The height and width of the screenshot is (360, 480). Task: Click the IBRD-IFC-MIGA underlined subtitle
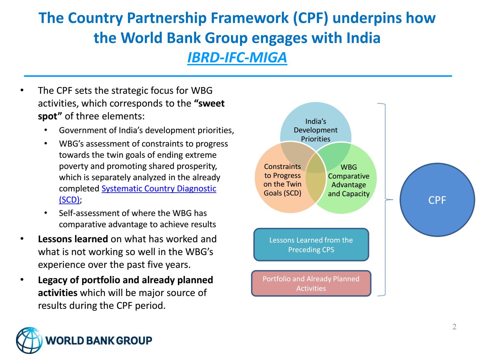237,58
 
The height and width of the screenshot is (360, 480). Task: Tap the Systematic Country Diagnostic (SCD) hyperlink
159,189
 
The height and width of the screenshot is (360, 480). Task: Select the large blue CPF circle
437,200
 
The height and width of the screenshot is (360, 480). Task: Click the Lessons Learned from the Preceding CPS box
311,245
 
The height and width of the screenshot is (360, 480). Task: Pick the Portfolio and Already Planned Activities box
311,284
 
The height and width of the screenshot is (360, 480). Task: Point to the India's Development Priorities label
316,130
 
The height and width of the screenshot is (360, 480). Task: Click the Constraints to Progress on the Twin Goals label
282,180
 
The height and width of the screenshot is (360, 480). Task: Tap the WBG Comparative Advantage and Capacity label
348,180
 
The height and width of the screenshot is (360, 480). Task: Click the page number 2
454,327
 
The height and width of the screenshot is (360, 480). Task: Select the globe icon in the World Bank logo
29,340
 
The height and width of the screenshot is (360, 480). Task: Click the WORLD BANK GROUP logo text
99,340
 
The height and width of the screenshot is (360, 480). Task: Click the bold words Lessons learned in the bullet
73,239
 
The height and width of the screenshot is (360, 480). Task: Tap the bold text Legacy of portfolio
80,280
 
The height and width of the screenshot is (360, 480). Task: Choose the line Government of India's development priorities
146,130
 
